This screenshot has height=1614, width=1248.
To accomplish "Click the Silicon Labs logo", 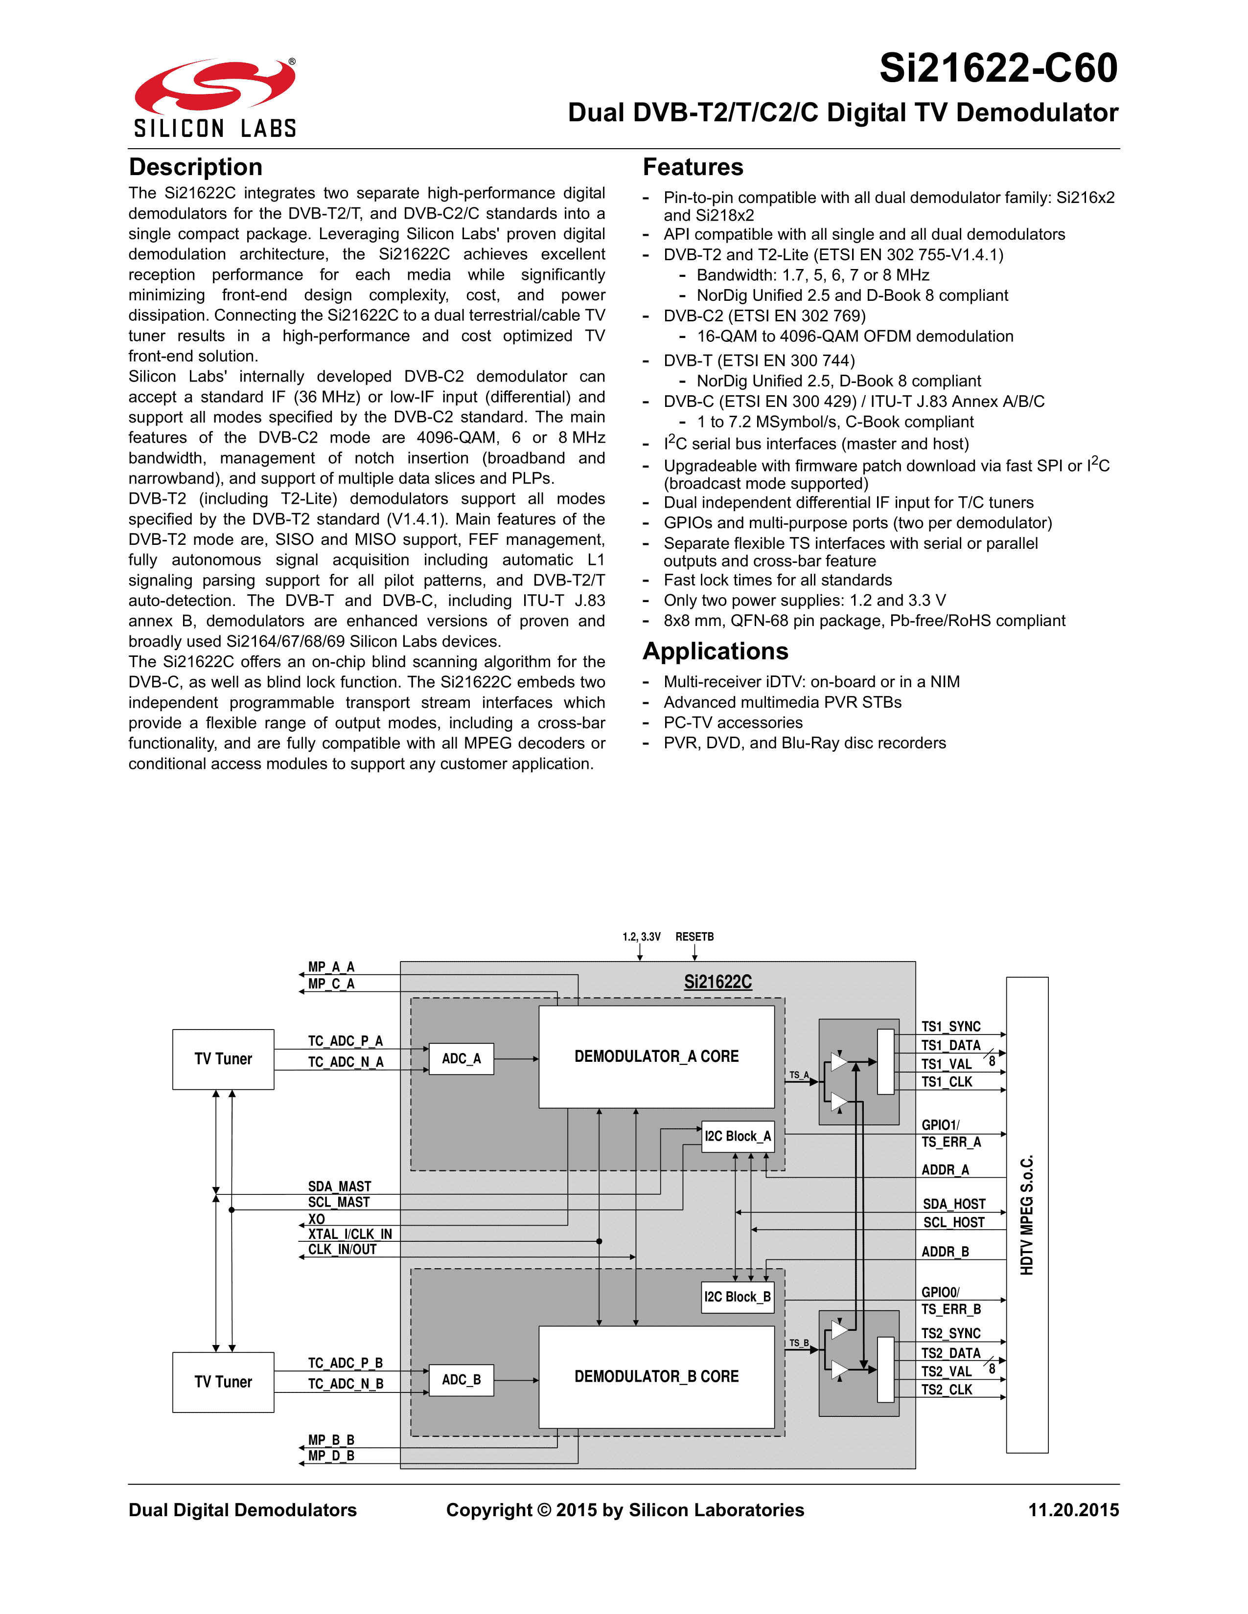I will click(x=214, y=98).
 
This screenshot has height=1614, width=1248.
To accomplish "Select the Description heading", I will click(x=195, y=167).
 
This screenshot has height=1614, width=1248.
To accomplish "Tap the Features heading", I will click(x=693, y=167).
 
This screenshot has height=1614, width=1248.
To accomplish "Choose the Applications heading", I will click(x=715, y=651).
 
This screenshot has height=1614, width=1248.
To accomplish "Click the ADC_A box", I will click(x=462, y=1059).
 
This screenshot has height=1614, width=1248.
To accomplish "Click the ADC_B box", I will click(x=462, y=1380).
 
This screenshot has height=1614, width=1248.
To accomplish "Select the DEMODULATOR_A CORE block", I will click(x=656, y=1057).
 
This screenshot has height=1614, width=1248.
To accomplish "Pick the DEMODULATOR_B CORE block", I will click(x=656, y=1376).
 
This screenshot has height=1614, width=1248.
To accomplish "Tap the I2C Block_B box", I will click(x=737, y=1297).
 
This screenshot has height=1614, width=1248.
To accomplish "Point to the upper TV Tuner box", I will click(x=223, y=1059).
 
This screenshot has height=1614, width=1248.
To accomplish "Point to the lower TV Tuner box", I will click(x=223, y=1382).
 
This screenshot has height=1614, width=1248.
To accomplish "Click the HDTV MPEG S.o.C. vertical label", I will click(x=1027, y=1215).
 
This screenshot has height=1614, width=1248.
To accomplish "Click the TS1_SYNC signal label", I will click(x=951, y=1027).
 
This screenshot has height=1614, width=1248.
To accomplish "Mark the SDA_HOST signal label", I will click(x=954, y=1204).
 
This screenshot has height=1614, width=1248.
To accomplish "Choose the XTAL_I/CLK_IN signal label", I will click(x=350, y=1234).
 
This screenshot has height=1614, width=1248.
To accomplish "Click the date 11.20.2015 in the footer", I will click(x=1073, y=1510).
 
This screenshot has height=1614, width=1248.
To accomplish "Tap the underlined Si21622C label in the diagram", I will click(x=717, y=982).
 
